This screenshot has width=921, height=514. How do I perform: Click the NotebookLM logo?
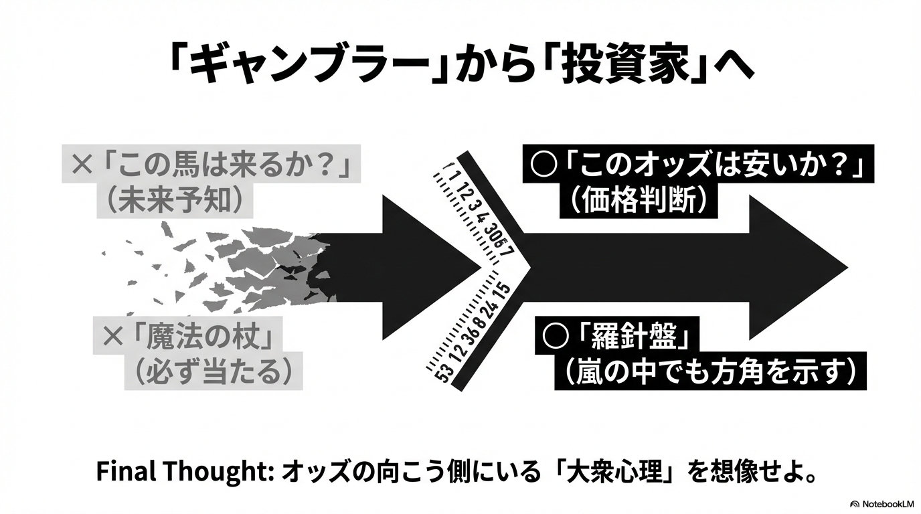click(882, 503)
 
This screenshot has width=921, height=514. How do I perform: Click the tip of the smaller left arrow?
click(481, 266)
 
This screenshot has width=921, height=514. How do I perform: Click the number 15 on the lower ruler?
click(503, 291)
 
